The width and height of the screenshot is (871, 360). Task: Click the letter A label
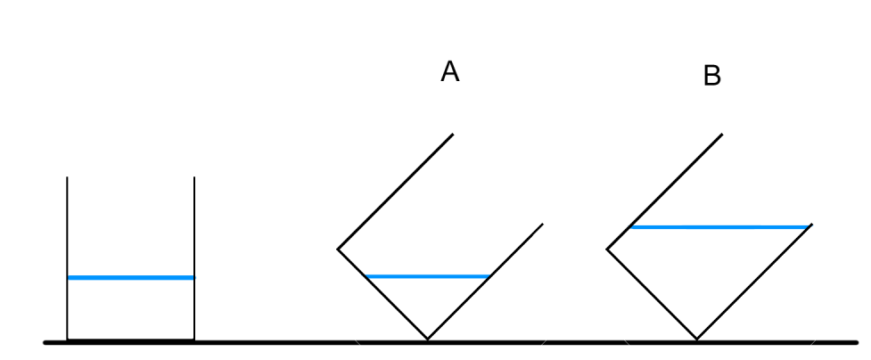click(451, 73)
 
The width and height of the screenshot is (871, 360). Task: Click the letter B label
click(712, 77)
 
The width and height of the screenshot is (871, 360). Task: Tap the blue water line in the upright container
click(131, 278)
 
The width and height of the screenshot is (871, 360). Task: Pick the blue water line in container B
click(719, 227)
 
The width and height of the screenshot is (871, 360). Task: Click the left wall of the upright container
click(68, 258)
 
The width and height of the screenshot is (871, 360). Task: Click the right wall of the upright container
click(194, 258)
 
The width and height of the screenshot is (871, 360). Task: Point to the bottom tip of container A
click(427, 340)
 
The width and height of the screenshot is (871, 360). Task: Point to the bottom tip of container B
click(697, 340)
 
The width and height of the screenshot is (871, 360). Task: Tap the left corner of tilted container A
click(338, 249)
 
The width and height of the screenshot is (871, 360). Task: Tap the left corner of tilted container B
click(607, 249)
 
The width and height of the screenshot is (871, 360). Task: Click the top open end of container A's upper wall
click(454, 135)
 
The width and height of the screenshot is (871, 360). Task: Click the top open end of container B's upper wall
click(722, 135)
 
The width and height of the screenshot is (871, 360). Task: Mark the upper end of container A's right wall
click(542, 225)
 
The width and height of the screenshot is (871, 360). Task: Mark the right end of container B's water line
click(809, 227)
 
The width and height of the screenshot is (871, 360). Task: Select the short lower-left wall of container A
click(382, 294)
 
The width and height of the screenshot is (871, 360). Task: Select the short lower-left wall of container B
click(652, 294)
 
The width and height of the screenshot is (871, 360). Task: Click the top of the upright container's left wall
click(68, 178)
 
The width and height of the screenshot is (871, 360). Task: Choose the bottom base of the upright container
click(131, 340)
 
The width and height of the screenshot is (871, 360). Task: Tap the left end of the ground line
click(46, 341)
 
